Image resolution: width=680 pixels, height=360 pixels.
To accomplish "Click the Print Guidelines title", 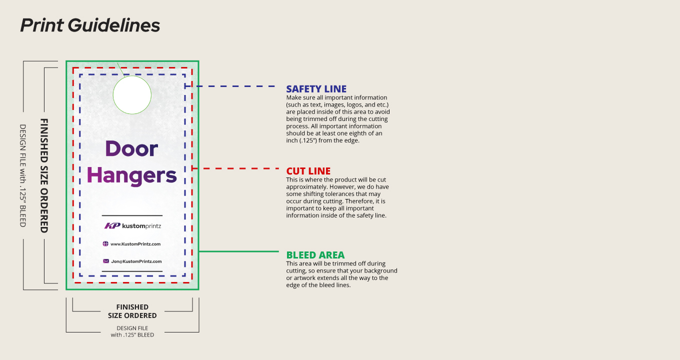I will pyautogui.click(x=90, y=25).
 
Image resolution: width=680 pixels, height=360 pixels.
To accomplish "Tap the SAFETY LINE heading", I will pyautogui.click(x=316, y=89).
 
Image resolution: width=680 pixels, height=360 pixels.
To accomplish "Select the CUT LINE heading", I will pyautogui.click(x=308, y=171).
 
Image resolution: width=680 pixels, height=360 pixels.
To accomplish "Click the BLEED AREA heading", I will pyautogui.click(x=315, y=255).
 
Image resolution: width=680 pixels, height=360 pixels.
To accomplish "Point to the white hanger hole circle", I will pyautogui.click(x=132, y=95).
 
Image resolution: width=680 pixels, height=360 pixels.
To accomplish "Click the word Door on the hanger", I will pyautogui.click(x=131, y=148).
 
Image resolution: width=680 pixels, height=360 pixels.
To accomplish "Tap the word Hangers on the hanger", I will pyautogui.click(x=132, y=175).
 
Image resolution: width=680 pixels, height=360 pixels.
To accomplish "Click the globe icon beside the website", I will pyautogui.click(x=105, y=244).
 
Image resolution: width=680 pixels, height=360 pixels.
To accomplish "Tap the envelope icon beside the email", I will pyautogui.click(x=106, y=261).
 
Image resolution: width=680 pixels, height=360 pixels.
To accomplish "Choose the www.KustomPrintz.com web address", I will pyautogui.click(x=135, y=244).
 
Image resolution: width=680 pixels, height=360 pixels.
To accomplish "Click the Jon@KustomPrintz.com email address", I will pyautogui.click(x=136, y=261).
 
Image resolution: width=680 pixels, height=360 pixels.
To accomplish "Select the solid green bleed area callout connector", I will pyautogui.click(x=238, y=251).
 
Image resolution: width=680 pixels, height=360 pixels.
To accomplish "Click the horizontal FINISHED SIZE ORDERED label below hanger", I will pyautogui.click(x=132, y=311).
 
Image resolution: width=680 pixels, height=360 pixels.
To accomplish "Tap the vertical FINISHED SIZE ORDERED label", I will pyautogui.click(x=44, y=175).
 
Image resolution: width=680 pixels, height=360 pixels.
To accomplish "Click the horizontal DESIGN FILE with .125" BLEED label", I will pyautogui.click(x=132, y=331).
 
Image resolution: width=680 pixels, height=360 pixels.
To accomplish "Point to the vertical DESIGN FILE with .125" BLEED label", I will pyautogui.click(x=22, y=175).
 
